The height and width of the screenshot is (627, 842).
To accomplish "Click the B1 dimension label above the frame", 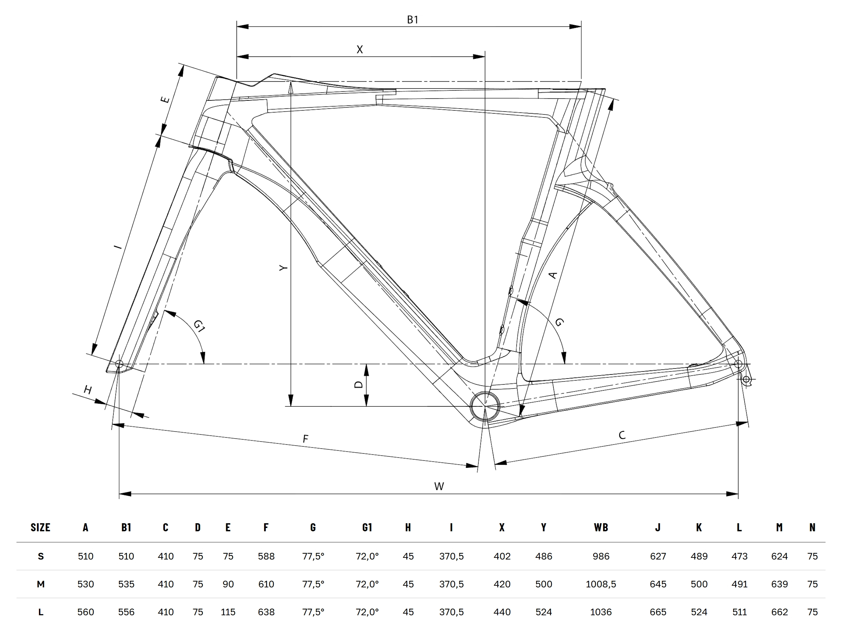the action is [412, 19].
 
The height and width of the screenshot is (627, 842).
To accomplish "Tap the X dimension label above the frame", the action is [360, 49].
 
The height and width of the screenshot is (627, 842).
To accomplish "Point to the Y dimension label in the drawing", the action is [283, 268].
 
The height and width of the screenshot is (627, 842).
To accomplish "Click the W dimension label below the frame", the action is [439, 486].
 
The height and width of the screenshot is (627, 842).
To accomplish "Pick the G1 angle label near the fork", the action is [199, 326].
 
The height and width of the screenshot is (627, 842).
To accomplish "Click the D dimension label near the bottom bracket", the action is [358, 385].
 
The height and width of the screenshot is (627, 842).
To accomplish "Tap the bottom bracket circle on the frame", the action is [485, 406].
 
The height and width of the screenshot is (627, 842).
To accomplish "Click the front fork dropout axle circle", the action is [119, 364].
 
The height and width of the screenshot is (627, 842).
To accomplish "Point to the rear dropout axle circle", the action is [739, 364].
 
